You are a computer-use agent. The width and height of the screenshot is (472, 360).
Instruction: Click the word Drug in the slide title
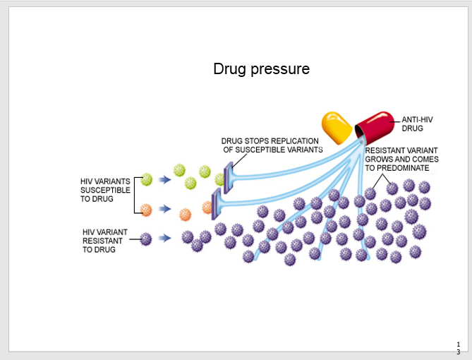coord(229,69)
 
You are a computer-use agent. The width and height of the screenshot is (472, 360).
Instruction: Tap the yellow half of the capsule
coord(337,128)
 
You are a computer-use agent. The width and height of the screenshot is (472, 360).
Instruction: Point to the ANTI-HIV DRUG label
coord(417,124)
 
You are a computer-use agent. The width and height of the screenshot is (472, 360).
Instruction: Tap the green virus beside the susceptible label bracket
coord(146,179)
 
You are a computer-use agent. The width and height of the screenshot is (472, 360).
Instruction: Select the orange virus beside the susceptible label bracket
coord(146,210)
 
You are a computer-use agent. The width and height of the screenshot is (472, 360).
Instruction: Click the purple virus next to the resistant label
coord(146,239)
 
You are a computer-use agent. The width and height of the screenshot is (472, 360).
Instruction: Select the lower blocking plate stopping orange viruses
coord(216,204)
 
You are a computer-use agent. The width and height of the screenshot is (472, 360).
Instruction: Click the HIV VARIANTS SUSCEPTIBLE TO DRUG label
coord(105,190)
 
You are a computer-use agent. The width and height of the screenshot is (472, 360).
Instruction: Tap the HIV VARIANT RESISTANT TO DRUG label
coord(104,240)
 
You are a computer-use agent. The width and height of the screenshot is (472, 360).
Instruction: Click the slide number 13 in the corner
coord(458,347)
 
